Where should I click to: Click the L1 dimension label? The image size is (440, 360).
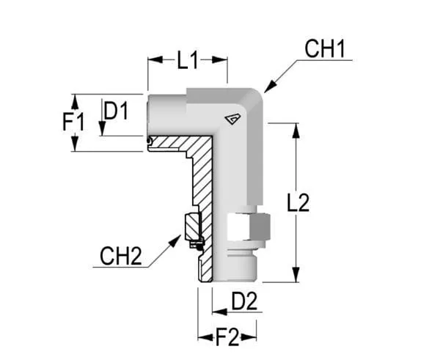pos(188,62)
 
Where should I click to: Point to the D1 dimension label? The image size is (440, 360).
pos(116,111)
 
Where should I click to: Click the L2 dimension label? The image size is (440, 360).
pos(298,202)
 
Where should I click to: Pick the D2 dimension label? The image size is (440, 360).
pos(243,301)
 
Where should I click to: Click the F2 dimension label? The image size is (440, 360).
pos(228,337)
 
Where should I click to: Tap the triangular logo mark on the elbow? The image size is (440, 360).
pos(232,119)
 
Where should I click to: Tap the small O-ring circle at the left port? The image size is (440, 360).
pos(148,141)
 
